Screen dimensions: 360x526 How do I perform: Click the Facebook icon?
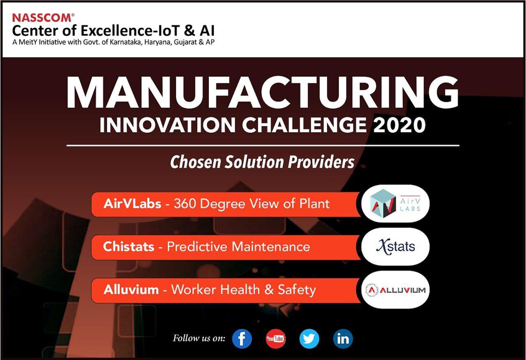click(x=242, y=339)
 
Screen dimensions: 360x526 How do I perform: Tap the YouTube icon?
click(x=275, y=339)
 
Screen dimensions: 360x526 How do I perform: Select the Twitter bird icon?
click(x=309, y=339)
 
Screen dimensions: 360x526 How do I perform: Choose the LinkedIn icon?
click(x=343, y=339)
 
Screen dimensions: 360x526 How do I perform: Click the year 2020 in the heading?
click(x=399, y=125)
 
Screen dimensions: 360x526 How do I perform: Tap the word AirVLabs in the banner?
click(x=132, y=203)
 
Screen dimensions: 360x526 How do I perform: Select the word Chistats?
click(x=129, y=247)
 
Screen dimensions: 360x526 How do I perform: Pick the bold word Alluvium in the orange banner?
click(x=131, y=290)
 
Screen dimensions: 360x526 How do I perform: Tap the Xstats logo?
click(x=395, y=247)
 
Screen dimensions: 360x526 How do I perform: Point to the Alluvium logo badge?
click(x=395, y=290)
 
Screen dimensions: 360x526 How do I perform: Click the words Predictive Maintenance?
click(x=238, y=247)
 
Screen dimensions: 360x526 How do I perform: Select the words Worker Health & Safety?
click(x=243, y=290)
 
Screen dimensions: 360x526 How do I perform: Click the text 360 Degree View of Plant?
click(x=251, y=203)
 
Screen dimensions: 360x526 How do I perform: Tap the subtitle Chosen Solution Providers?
click(x=262, y=162)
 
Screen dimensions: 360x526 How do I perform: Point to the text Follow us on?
click(x=199, y=338)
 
